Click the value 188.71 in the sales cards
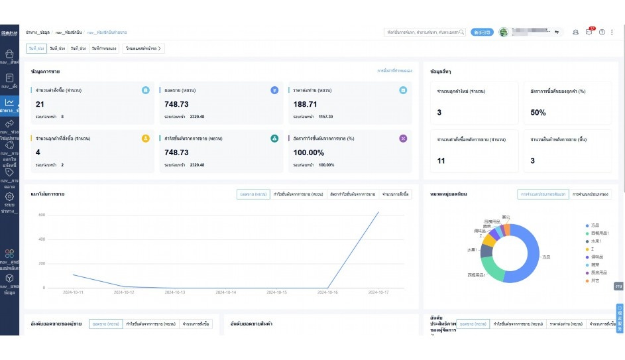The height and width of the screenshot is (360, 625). coord(305,104)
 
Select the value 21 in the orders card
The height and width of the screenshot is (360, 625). coord(40,104)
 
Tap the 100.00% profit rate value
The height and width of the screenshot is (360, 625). coord(309,152)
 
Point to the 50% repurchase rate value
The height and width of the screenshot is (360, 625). coord(538,113)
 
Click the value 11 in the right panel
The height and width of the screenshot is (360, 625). coord(441,160)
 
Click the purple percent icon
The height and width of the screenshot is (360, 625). coord(403,139)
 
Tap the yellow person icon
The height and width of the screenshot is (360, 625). coord(145,139)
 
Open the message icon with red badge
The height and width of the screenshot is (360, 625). coord(589,32)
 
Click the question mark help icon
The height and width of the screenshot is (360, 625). coord(602,32)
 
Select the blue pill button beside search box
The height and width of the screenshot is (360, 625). coord(482,32)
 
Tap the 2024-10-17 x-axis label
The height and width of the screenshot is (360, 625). coord(378,292)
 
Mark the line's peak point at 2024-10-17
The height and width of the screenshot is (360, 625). coord(378,212)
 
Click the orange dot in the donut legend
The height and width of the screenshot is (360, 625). coord(587,280)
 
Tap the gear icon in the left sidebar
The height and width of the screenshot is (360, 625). coord(9,196)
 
